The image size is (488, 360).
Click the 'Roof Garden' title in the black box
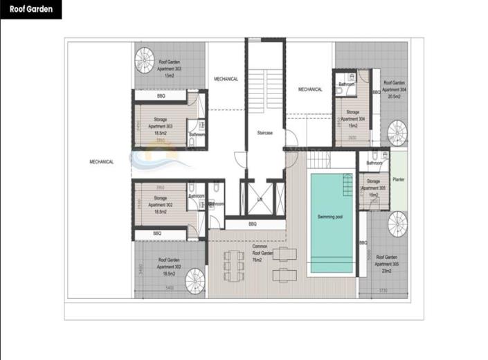coord(30,10)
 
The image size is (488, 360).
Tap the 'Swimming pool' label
coord(331,217)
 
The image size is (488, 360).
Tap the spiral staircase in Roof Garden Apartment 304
coord(397,132)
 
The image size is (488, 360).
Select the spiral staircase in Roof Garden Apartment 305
coord(397,224)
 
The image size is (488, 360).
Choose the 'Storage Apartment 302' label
coord(160,202)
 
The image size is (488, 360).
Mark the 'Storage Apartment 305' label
coord(373,188)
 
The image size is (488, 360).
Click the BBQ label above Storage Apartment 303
coord(161,96)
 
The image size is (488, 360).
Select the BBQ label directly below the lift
coord(252,224)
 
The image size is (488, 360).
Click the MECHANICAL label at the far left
coord(101,161)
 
